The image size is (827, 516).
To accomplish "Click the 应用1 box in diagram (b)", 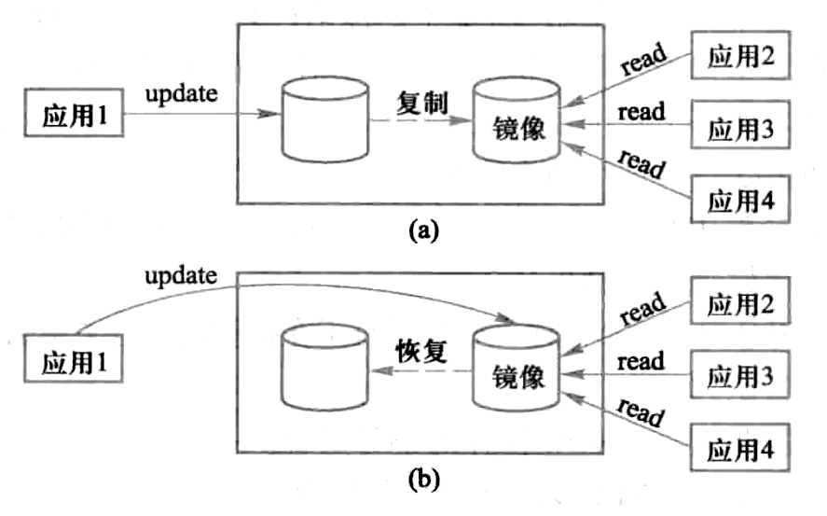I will point(74,361).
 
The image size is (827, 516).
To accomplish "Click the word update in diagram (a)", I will point(181,94).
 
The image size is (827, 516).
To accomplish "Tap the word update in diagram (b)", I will point(181,275).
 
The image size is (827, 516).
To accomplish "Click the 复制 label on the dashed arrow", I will point(421,102).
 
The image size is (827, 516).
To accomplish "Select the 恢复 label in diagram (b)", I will point(420,351).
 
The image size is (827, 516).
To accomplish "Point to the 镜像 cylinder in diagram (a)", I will point(515,122).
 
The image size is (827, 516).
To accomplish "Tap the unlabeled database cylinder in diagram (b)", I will point(324,369).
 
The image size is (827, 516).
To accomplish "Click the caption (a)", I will point(422,230).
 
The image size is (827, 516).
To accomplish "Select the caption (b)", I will point(422,481).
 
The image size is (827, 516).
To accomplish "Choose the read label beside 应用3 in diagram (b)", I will point(641,361).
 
